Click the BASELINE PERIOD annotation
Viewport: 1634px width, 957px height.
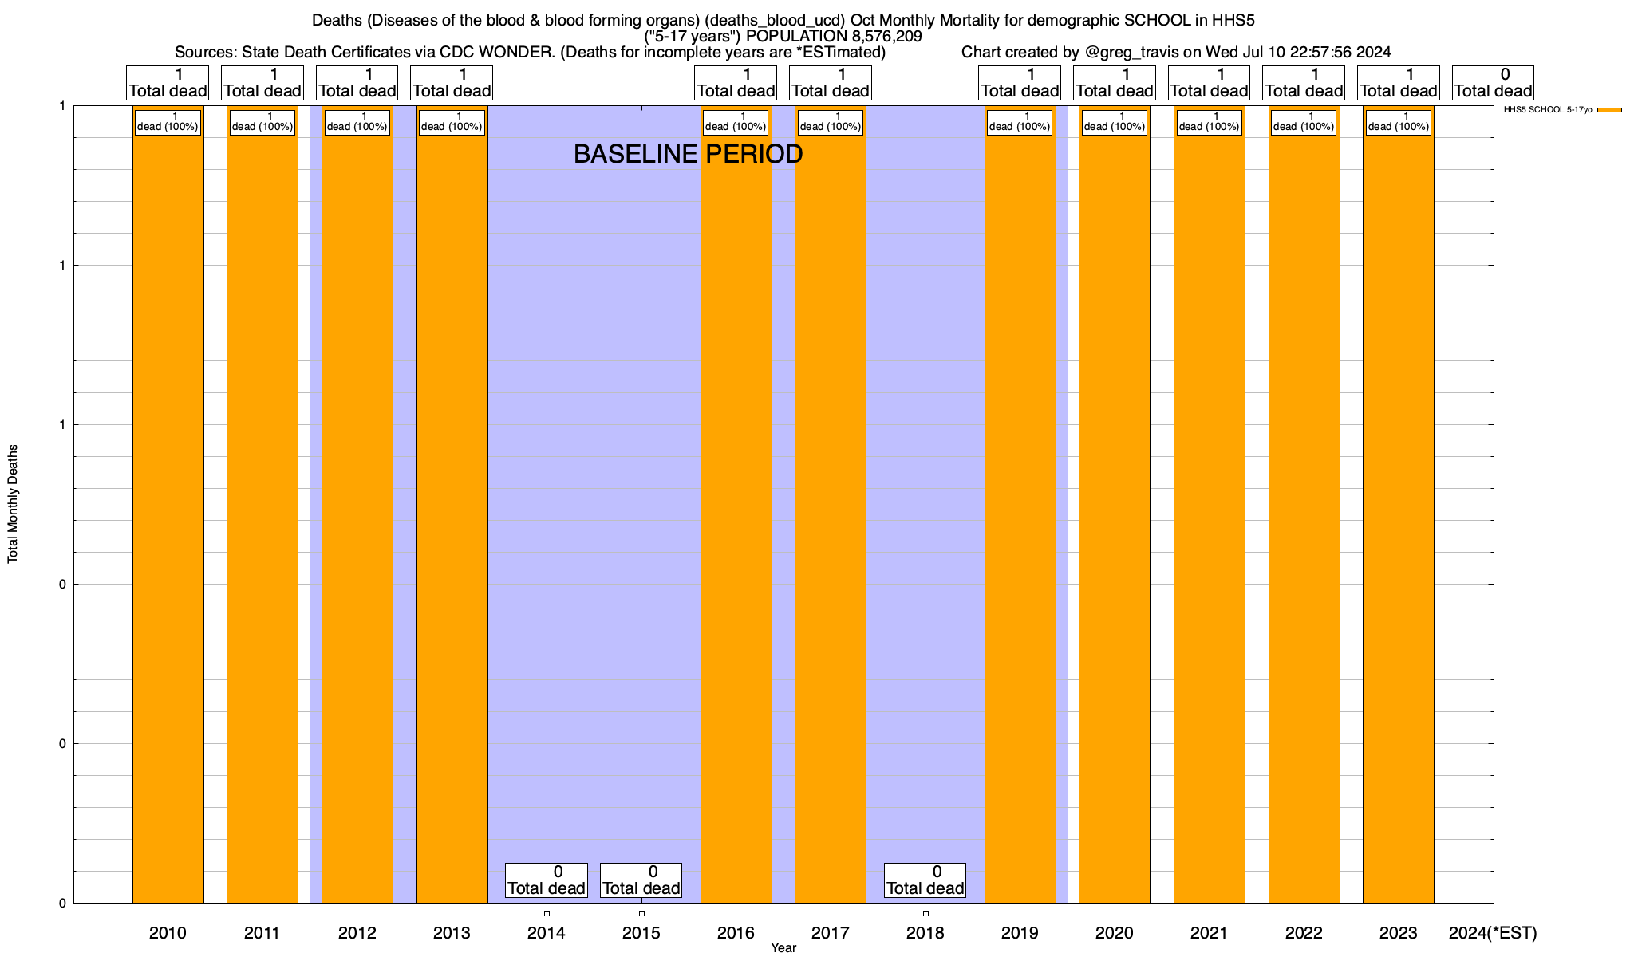pyautogui.click(x=688, y=154)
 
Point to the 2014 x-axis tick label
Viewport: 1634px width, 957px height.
pyautogui.click(x=547, y=933)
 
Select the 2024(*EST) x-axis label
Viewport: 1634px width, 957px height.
pyautogui.click(x=1492, y=933)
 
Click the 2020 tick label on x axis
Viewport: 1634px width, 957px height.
pyautogui.click(x=1114, y=933)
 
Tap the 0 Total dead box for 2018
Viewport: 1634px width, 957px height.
pyautogui.click(x=926, y=880)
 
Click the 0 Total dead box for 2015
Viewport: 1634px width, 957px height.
pyautogui.click(x=641, y=880)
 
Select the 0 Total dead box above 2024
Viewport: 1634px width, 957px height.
pyautogui.click(x=1493, y=83)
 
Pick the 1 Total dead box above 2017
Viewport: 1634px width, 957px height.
pyautogui.click(x=830, y=83)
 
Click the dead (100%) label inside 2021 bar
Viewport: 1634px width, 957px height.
pyautogui.click(x=1209, y=122)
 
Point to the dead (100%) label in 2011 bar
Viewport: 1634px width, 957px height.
pyautogui.click(x=262, y=122)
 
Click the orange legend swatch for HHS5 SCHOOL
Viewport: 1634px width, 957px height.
pyautogui.click(x=1609, y=110)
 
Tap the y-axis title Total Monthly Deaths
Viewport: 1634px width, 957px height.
pyautogui.click(x=13, y=504)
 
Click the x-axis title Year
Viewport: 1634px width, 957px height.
pyautogui.click(x=783, y=947)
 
